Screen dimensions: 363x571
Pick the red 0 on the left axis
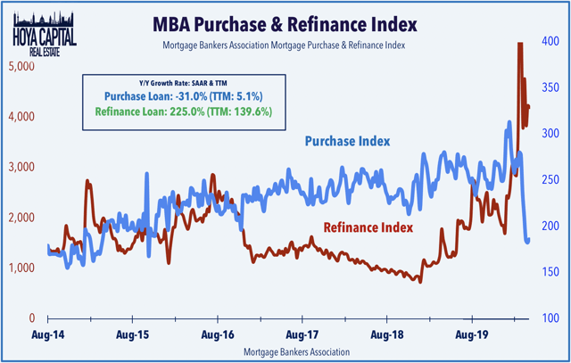tap(30, 318)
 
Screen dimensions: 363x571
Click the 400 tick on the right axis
tap(551, 41)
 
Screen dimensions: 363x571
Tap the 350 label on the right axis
tap(551, 87)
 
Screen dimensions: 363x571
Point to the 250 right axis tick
tap(551, 180)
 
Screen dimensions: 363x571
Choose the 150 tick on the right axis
tap(551, 272)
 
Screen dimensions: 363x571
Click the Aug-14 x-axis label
tap(47, 337)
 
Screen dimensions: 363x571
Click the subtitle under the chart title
tap(317, 44)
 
